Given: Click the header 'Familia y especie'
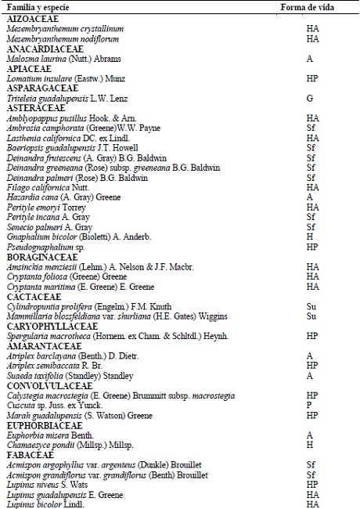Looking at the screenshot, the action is (x=35, y=7).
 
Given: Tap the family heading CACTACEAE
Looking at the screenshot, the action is (x=34, y=297).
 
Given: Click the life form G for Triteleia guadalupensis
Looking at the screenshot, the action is (x=311, y=99).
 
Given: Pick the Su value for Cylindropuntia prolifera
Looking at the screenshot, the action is (x=311, y=307).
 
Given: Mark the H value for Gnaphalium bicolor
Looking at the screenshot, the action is (x=311, y=236).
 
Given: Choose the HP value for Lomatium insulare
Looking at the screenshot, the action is (x=311, y=79).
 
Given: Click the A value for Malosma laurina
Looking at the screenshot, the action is (x=311, y=59).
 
